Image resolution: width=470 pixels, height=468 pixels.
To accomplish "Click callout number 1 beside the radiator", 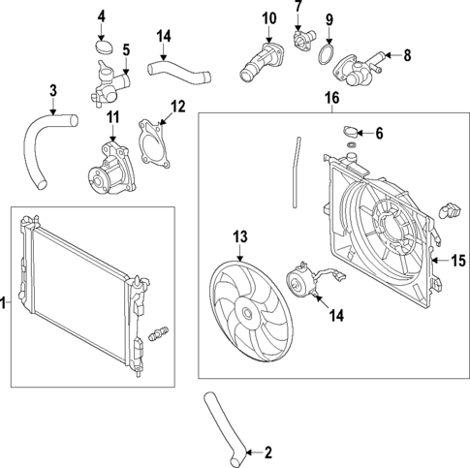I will click(x=5, y=304).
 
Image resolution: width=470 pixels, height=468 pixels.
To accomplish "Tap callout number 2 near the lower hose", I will click(x=266, y=451).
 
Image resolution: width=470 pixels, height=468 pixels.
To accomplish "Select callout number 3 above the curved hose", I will click(x=53, y=91).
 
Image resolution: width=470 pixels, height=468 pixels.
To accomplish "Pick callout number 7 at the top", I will click(x=298, y=7).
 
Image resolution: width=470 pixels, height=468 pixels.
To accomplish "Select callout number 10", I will click(x=268, y=17).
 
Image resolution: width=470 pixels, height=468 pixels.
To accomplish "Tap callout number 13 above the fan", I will click(x=241, y=235).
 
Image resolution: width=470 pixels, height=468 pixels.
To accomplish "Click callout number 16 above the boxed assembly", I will click(x=331, y=98).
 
